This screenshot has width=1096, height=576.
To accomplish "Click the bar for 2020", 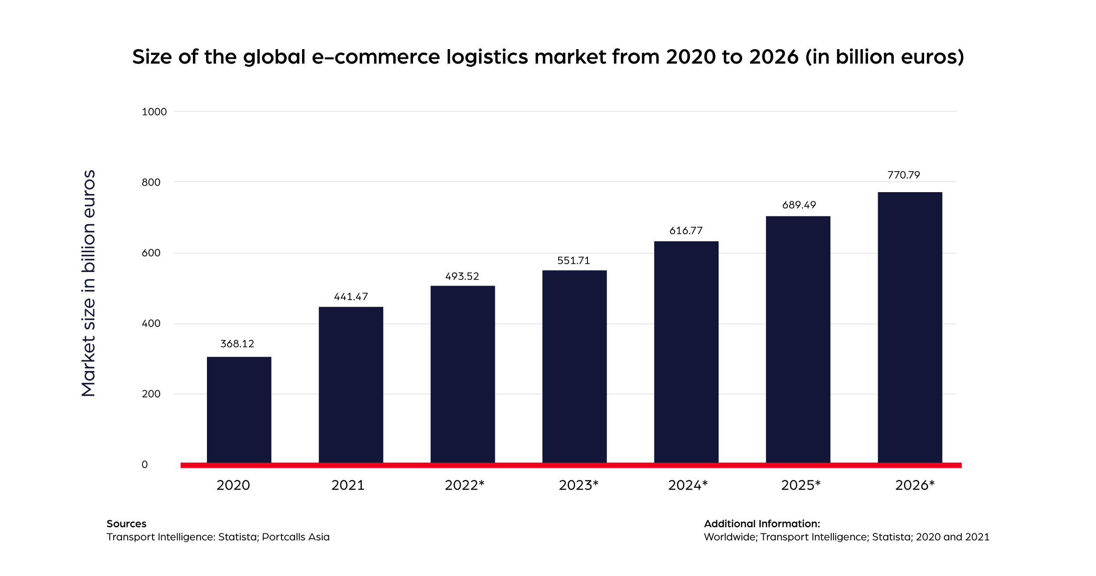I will [239, 410].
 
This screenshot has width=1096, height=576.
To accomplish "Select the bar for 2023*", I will [574, 366].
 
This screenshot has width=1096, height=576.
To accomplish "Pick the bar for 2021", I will [351, 385].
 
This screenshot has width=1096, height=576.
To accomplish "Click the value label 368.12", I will [237, 344].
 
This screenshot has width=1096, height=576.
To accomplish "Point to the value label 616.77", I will [686, 231].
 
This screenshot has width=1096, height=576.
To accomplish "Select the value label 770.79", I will [904, 175].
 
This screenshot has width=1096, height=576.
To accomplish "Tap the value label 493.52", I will [462, 276].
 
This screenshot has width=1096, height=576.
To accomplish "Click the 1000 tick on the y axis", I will [154, 112].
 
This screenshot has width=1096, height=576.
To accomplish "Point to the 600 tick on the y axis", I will [151, 253].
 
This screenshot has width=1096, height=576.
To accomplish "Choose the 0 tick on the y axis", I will [145, 465].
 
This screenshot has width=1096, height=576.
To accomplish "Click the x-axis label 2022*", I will [464, 485].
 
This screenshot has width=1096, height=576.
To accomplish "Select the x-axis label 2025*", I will [801, 485].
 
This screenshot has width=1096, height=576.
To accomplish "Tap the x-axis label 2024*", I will [688, 485].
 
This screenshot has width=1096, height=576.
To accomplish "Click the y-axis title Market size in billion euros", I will [89, 283].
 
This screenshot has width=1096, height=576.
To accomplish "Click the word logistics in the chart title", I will [487, 57].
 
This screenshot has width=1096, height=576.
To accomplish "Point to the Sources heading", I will [126, 524].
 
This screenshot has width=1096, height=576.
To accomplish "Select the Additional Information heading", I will [762, 524].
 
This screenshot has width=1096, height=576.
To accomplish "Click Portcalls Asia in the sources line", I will [295, 537].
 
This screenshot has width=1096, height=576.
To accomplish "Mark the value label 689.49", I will [799, 205].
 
